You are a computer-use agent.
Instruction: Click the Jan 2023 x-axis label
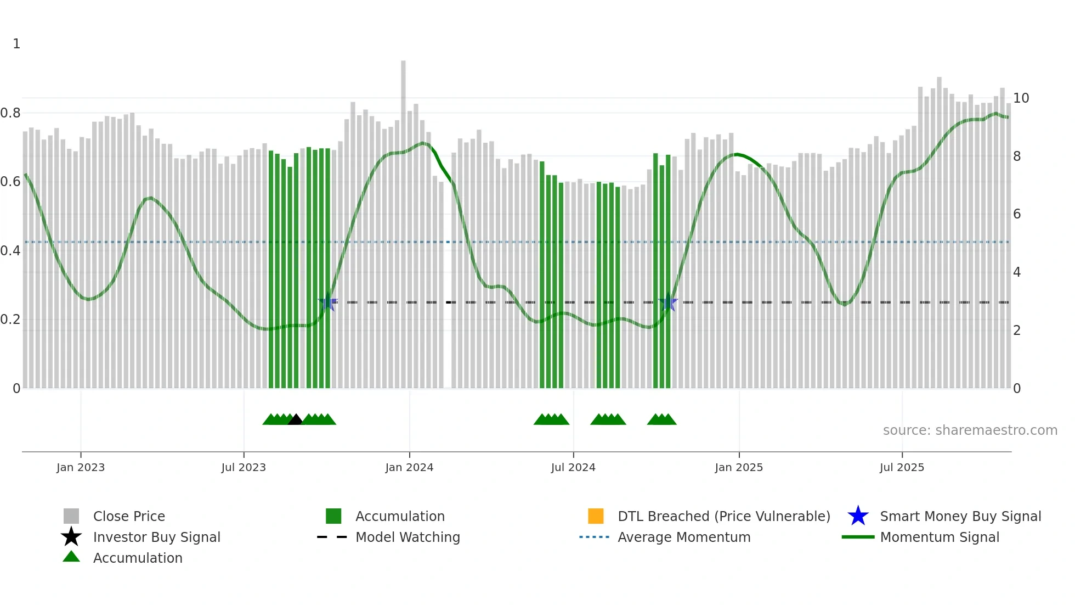(80, 467)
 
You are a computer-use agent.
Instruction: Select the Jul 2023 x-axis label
(244, 467)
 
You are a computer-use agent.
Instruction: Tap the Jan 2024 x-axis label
(409, 467)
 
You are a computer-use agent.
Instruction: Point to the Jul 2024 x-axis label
(573, 467)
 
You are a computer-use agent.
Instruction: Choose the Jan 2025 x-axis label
(739, 467)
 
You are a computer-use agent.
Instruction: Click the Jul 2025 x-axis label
(902, 467)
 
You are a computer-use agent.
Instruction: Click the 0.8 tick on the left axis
(10, 113)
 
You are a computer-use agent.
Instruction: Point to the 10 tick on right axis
(1021, 98)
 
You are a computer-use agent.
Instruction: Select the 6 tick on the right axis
(1017, 214)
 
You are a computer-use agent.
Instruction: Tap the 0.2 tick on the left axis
(10, 320)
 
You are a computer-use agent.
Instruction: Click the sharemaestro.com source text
(970, 430)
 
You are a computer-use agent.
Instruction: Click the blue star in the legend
(858, 516)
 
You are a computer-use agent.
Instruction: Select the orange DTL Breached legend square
(596, 516)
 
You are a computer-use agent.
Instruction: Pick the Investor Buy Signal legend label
(156, 537)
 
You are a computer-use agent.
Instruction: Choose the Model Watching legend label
(408, 537)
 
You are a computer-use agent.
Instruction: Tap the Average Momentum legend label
(684, 537)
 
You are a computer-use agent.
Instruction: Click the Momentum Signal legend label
(940, 537)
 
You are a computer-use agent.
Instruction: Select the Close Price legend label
(129, 516)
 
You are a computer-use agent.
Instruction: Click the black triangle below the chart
(295, 420)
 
